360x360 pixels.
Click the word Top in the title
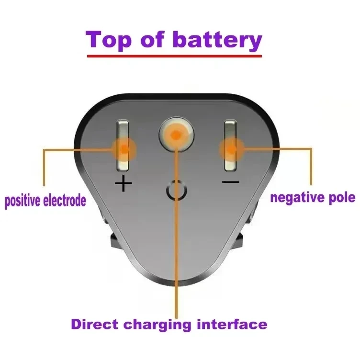pyautogui.click(x=111, y=40)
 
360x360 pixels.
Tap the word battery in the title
pyautogui.click(x=217, y=40)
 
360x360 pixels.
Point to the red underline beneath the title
pyautogui.click(x=174, y=56)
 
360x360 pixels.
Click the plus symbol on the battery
pyautogui.click(x=124, y=183)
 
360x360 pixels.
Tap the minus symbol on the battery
pyautogui.click(x=231, y=181)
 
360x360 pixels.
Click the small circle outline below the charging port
pyautogui.click(x=176, y=191)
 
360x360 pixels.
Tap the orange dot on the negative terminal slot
pyautogui.click(x=231, y=149)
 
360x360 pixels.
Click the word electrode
pyautogui.click(x=65, y=200)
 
